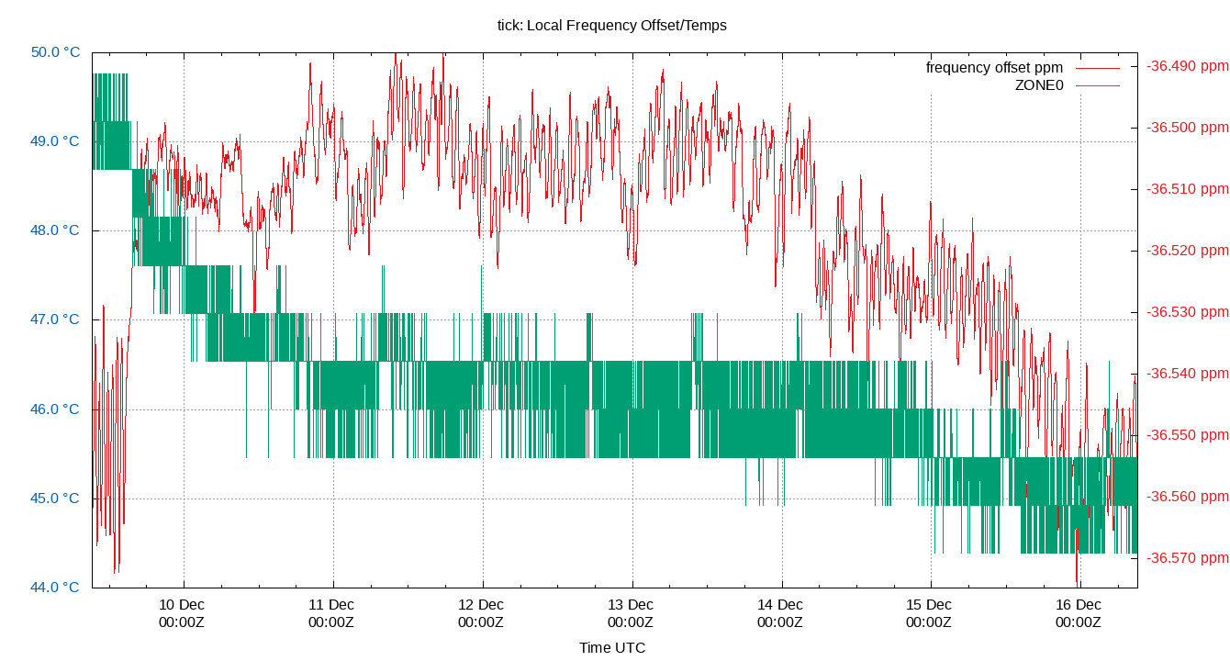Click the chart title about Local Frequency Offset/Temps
point(611,26)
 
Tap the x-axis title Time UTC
point(611,648)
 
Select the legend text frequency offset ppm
point(994,68)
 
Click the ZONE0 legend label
point(1038,85)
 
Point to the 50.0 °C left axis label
point(55,52)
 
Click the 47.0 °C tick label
point(55,319)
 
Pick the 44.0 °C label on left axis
point(55,588)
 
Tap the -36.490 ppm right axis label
point(1186,66)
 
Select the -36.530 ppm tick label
point(1186,312)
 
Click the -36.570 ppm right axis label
point(1186,558)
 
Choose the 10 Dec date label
point(182,605)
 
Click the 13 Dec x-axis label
point(631,605)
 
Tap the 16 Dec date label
point(1079,605)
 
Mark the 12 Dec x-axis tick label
point(481,605)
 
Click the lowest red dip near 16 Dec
point(1077,580)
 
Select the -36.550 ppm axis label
point(1186,435)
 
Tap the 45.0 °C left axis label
point(55,499)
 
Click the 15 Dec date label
point(929,605)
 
